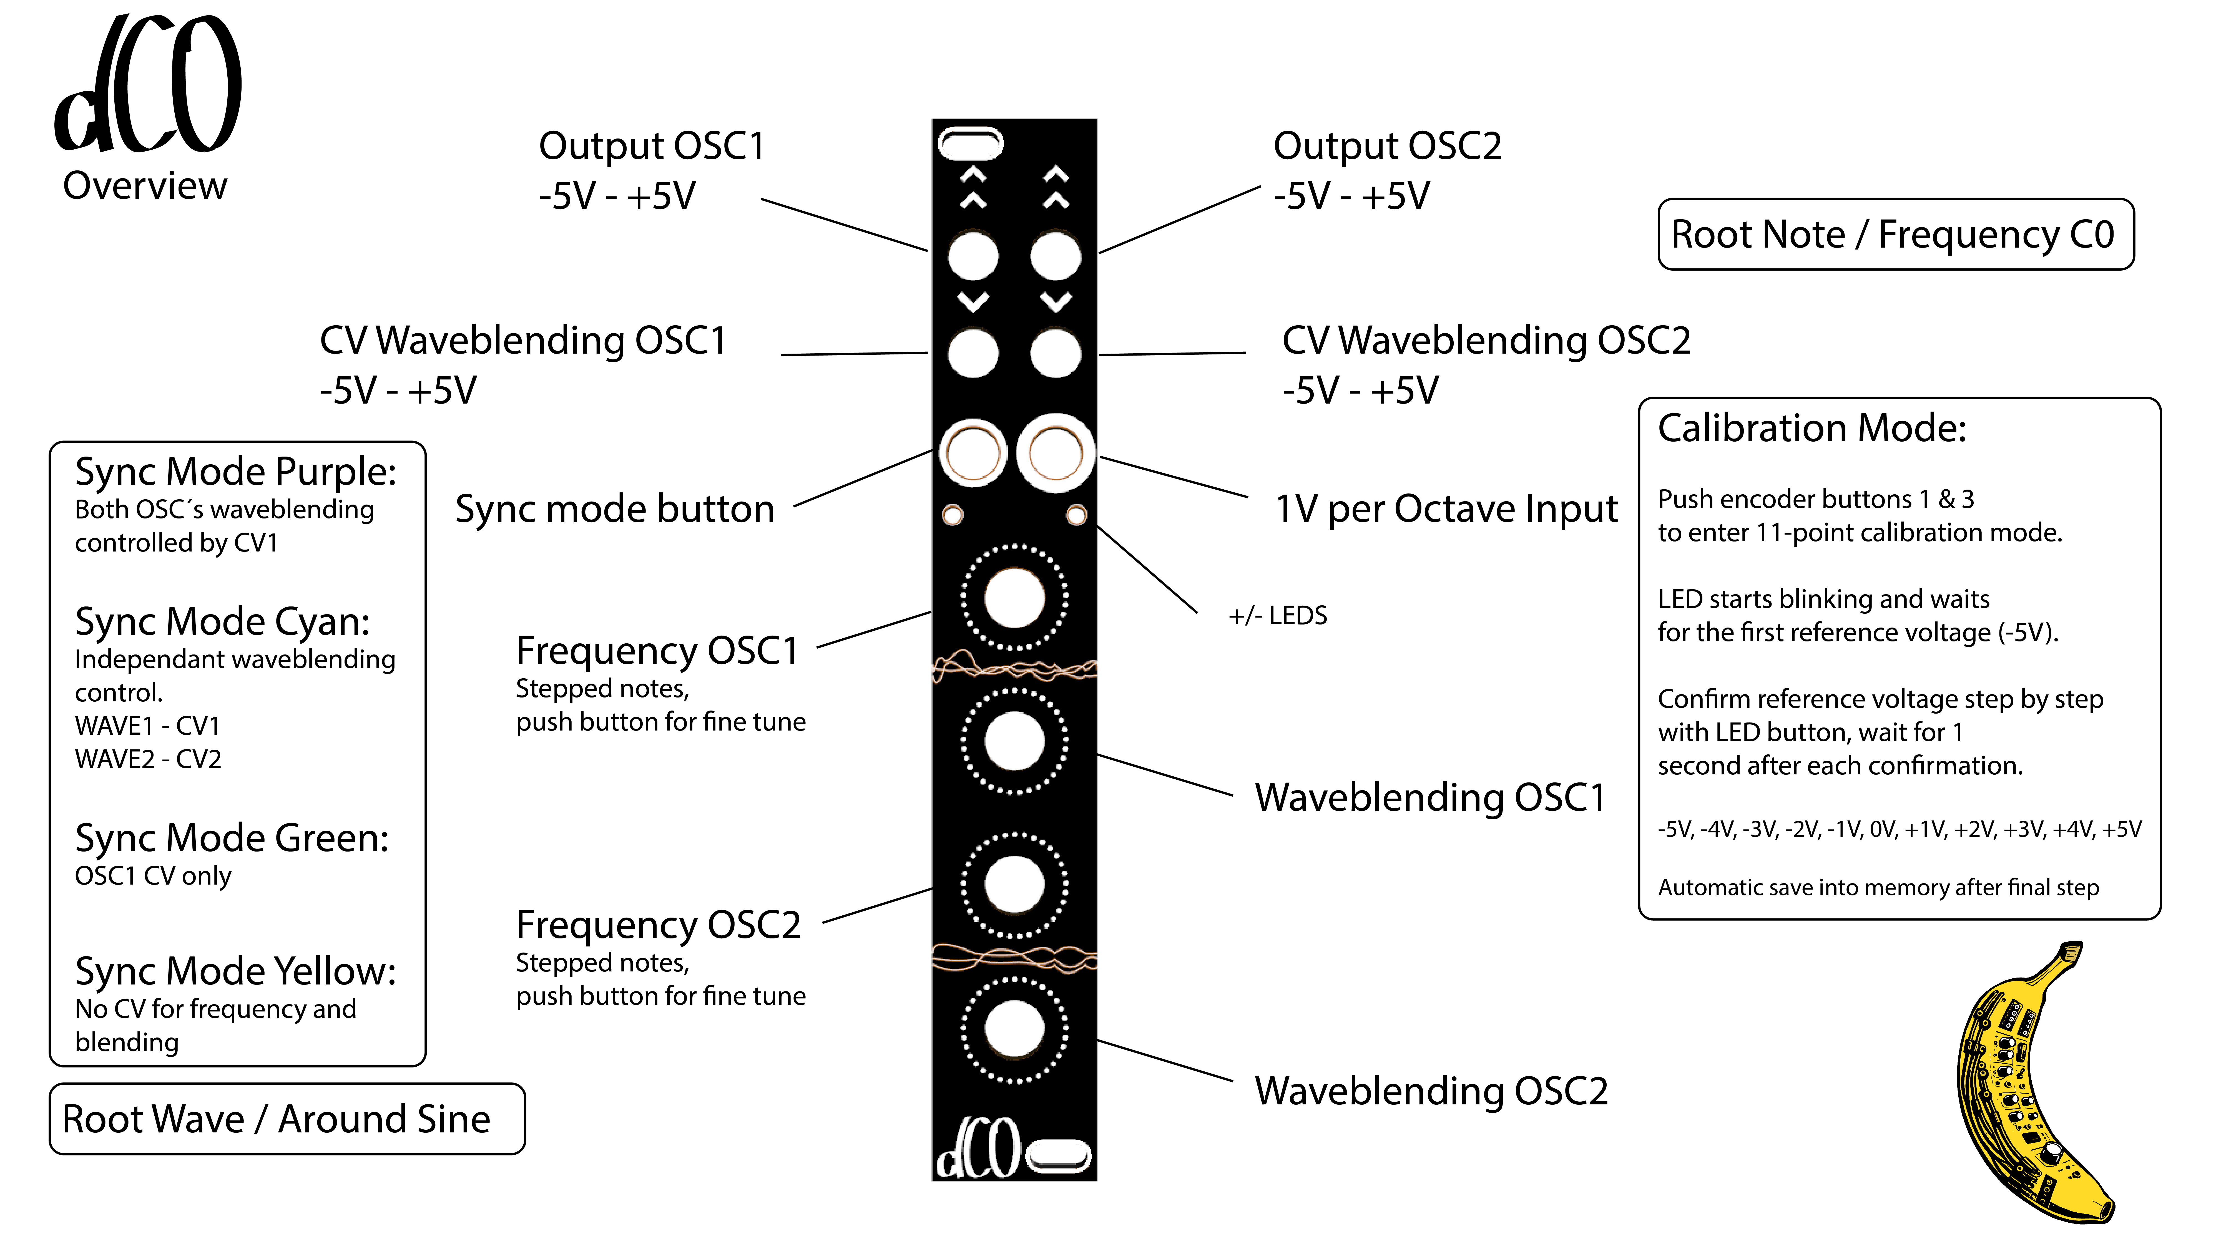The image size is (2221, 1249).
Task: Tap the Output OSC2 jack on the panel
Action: [1055, 256]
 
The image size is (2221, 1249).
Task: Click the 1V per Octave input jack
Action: [1055, 454]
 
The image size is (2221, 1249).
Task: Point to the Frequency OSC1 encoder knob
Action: [1014, 597]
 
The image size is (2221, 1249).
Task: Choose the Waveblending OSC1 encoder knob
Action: [1014, 741]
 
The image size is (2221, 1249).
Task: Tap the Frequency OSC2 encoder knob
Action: [1014, 884]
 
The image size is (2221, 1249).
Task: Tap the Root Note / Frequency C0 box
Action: [1895, 235]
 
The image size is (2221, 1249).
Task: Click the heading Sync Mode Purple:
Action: [235, 472]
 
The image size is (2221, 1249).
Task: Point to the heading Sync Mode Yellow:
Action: [235, 971]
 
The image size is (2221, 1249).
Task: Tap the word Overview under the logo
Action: [145, 185]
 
